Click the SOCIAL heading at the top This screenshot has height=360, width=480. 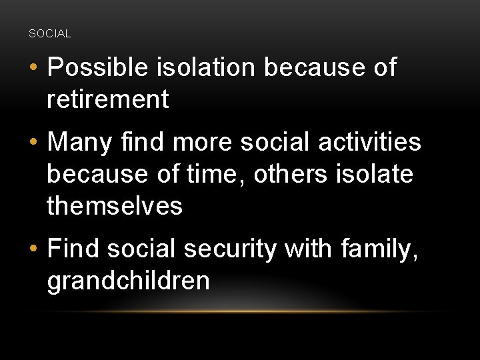(50, 33)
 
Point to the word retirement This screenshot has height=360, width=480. (107, 100)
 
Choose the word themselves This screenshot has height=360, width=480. (115, 206)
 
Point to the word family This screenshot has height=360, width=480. (379, 249)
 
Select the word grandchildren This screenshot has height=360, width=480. (128, 281)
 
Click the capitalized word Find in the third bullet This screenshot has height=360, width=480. (73, 249)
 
